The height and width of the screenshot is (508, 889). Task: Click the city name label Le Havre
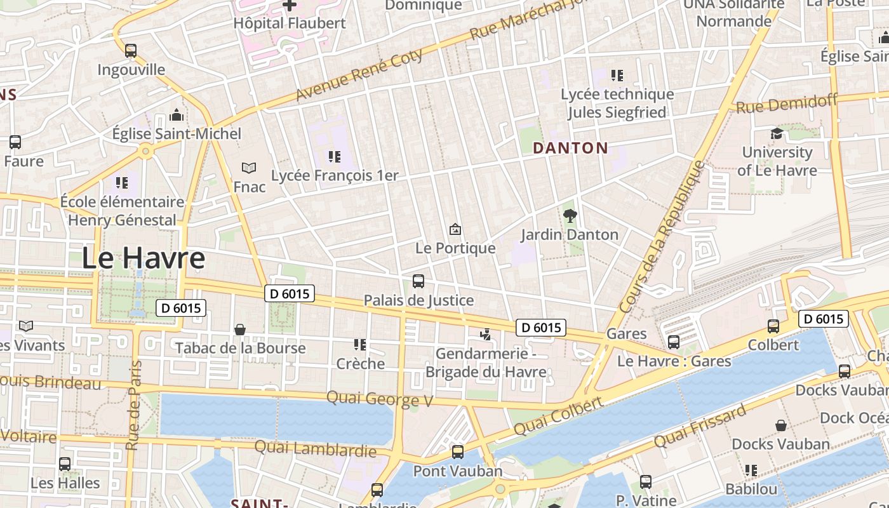pyautogui.click(x=144, y=258)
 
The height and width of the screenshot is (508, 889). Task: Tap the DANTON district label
pyautogui.click(x=570, y=149)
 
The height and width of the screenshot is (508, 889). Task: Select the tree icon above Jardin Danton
pyautogui.click(x=570, y=215)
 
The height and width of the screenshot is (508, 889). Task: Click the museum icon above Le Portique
pyautogui.click(x=455, y=229)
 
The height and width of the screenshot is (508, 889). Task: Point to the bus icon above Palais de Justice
pyautogui.click(x=418, y=281)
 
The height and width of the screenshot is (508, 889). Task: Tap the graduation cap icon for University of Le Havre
pyautogui.click(x=777, y=133)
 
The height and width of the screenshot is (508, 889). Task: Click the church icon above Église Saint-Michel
pyautogui.click(x=177, y=115)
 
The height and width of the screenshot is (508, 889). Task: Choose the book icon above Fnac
pyautogui.click(x=249, y=168)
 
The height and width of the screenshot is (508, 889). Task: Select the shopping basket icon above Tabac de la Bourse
pyautogui.click(x=240, y=329)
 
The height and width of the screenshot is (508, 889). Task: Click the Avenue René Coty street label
pyautogui.click(x=359, y=76)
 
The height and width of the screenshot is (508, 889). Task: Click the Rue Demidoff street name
pyautogui.click(x=787, y=104)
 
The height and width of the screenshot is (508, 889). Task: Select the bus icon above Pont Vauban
pyautogui.click(x=457, y=452)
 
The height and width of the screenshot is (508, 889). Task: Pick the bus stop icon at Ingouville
pyautogui.click(x=131, y=50)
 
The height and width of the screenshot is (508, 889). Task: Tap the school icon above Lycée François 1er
pyautogui.click(x=334, y=156)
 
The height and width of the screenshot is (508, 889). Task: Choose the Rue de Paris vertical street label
pyautogui.click(x=134, y=406)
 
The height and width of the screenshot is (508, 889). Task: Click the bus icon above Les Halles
pyautogui.click(x=65, y=464)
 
